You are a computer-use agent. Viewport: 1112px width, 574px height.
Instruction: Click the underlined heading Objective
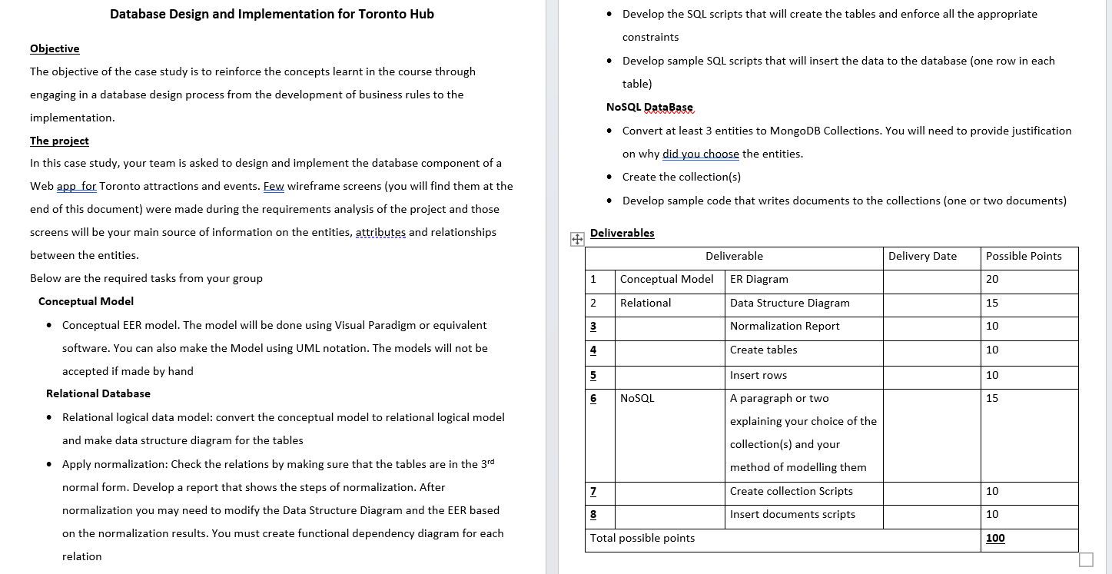point(55,48)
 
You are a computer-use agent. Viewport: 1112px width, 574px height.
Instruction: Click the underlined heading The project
point(59,141)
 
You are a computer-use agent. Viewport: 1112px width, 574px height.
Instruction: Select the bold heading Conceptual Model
point(86,301)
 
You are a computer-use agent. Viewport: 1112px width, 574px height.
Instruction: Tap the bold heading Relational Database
point(98,393)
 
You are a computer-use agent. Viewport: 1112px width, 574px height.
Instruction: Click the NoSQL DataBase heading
point(649,107)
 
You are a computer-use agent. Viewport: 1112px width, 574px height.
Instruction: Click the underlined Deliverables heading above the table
point(622,233)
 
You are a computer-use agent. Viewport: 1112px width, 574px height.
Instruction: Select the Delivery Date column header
point(922,256)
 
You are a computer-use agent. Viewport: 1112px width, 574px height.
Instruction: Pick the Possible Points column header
point(1024,256)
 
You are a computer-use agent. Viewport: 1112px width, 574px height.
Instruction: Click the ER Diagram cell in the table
point(758,279)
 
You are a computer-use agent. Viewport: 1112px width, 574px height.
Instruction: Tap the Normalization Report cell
point(785,326)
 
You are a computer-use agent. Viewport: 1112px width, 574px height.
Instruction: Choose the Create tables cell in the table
point(763,350)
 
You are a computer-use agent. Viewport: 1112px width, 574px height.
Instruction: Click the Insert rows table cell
point(758,375)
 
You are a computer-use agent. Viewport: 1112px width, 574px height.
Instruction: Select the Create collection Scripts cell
point(791,491)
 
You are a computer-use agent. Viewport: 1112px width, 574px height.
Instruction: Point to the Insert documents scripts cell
point(792,514)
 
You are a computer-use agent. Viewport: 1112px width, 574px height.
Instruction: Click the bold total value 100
point(995,538)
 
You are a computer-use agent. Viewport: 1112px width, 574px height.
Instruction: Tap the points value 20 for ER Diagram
point(992,279)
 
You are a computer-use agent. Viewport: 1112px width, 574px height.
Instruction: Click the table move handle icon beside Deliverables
point(576,239)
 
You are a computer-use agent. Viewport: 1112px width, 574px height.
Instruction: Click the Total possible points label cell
point(642,538)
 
